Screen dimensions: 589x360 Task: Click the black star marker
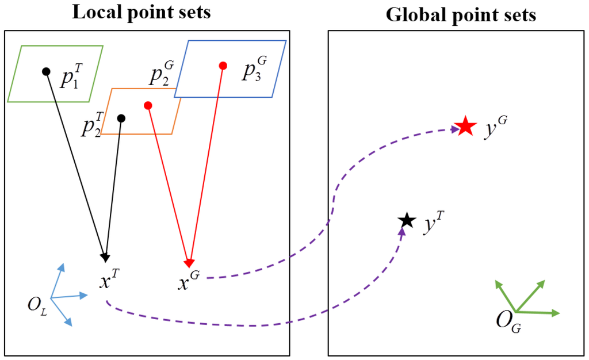click(407, 220)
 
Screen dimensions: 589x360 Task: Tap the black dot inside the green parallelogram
click(46, 71)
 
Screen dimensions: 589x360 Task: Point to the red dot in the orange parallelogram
click(148, 105)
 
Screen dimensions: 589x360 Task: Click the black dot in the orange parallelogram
click(121, 118)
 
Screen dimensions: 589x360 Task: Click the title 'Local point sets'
click(141, 13)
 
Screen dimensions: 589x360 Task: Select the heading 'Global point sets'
click(461, 14)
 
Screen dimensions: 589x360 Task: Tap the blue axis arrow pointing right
click(75, 296)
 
